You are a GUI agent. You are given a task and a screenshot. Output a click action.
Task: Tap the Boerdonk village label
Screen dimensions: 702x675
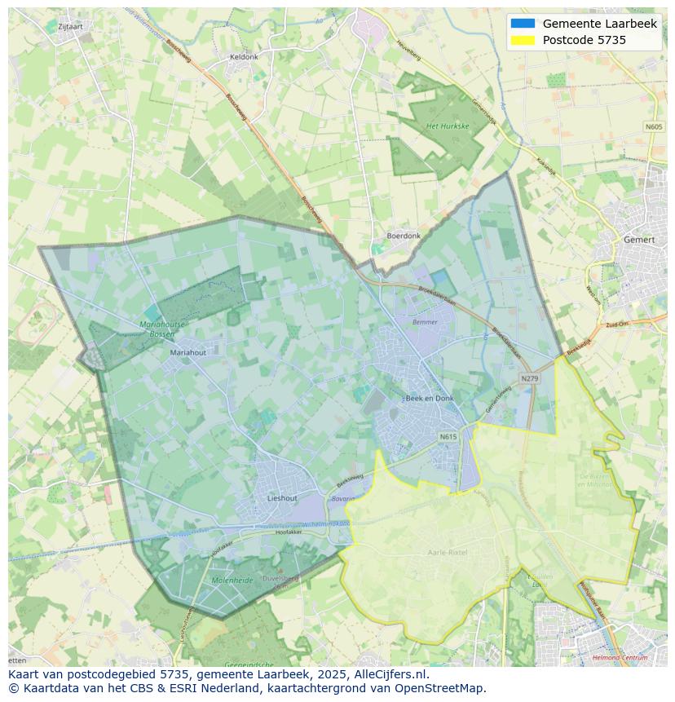click(x=404, y=236)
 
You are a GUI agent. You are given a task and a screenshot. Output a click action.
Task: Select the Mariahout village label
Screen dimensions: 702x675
click(x=188, y=353)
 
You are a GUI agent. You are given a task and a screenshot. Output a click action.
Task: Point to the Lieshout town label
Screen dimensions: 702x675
click(x=282, y=497)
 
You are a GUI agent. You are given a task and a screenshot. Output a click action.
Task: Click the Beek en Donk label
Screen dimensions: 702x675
click(x=429, y=398)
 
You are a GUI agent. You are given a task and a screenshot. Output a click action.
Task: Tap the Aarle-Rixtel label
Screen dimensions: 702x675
click(x=448, y=552)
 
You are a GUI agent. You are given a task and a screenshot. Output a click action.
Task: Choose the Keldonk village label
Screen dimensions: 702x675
click(x=244, y=57)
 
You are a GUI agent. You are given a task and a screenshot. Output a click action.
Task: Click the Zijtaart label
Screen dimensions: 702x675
click(x=71, y=26)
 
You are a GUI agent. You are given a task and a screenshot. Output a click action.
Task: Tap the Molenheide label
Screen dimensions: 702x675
click(x=232, y=580)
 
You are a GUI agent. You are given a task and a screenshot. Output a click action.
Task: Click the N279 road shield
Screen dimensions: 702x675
click(x=530, y=378)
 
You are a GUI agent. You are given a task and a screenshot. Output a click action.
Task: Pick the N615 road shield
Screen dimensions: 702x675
click(x=448, y=437)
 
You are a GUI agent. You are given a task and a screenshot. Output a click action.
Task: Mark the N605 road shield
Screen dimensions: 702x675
click(x=654, y=126)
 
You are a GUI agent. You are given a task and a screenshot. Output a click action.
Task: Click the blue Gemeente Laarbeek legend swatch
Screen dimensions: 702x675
click(x=523, y=24)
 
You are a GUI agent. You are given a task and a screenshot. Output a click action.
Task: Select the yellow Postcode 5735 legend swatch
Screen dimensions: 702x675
click(x=523, y=40)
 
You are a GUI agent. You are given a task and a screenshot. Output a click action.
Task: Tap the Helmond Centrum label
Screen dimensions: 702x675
click(x=621, y=657)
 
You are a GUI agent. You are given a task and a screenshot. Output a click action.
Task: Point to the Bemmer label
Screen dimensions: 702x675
click(x=425, y=322)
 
